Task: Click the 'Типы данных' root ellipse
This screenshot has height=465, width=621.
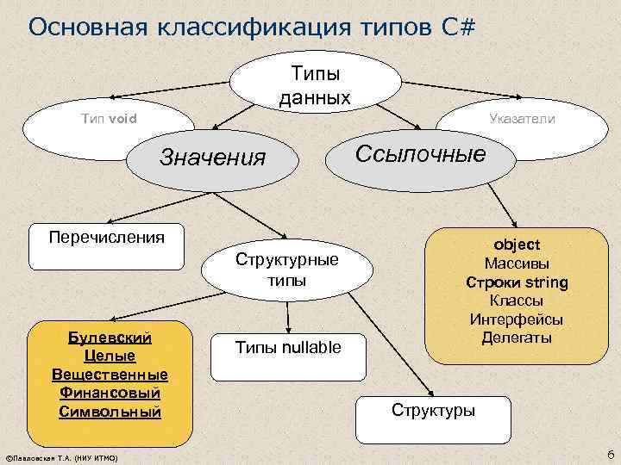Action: coord(316,82)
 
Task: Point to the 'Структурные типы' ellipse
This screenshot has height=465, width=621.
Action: coord(287,270)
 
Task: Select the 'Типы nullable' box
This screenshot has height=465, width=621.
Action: coord(288,348)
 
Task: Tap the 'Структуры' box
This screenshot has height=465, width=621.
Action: coord(433,410)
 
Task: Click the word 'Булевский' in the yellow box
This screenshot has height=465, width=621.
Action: coord(110,337)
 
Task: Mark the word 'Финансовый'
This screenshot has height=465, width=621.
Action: coord(110,393)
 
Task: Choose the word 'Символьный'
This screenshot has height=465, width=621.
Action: coord(110,412)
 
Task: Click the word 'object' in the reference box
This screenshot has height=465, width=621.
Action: coord(517,245)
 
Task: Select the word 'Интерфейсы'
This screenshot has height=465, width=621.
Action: coord(517,319)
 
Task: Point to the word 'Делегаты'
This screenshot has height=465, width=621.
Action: coord(517,338)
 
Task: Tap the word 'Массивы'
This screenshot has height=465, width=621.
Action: coord(517,263)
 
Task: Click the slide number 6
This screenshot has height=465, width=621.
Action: coord(610,454)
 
